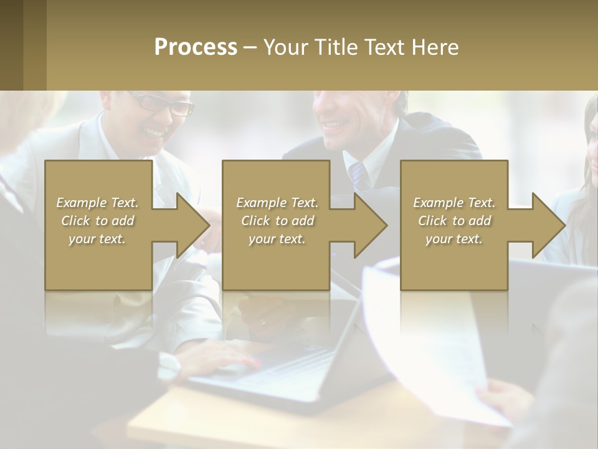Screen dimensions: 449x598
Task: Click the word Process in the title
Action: (196, 47)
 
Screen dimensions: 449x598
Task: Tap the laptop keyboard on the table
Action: (293, 368)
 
